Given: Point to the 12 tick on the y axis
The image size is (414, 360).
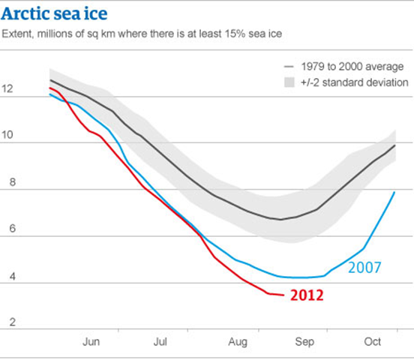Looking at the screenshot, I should pyautogui.click(x=8, y=88).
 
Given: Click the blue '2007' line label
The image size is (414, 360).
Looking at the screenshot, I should pyautogui.click(x=365, y=267).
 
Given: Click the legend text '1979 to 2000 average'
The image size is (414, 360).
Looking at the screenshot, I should pyautogui.click(x=349, y=66).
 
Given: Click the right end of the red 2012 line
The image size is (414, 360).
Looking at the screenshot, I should pyautogui.click(x=283, y=295).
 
